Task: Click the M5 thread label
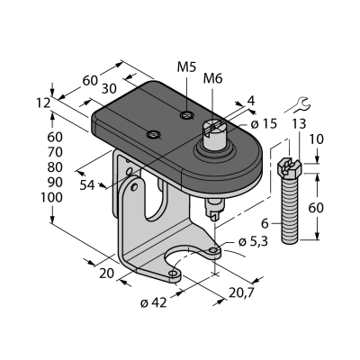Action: pos(186,67)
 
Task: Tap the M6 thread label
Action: pos(212,79)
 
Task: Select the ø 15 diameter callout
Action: pos(264,124)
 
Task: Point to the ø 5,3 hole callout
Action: pos(254,242)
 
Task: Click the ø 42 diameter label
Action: pos(153,303)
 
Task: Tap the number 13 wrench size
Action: pos(299,124)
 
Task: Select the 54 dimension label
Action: pos(87,185)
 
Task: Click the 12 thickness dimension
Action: pos(43,103)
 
